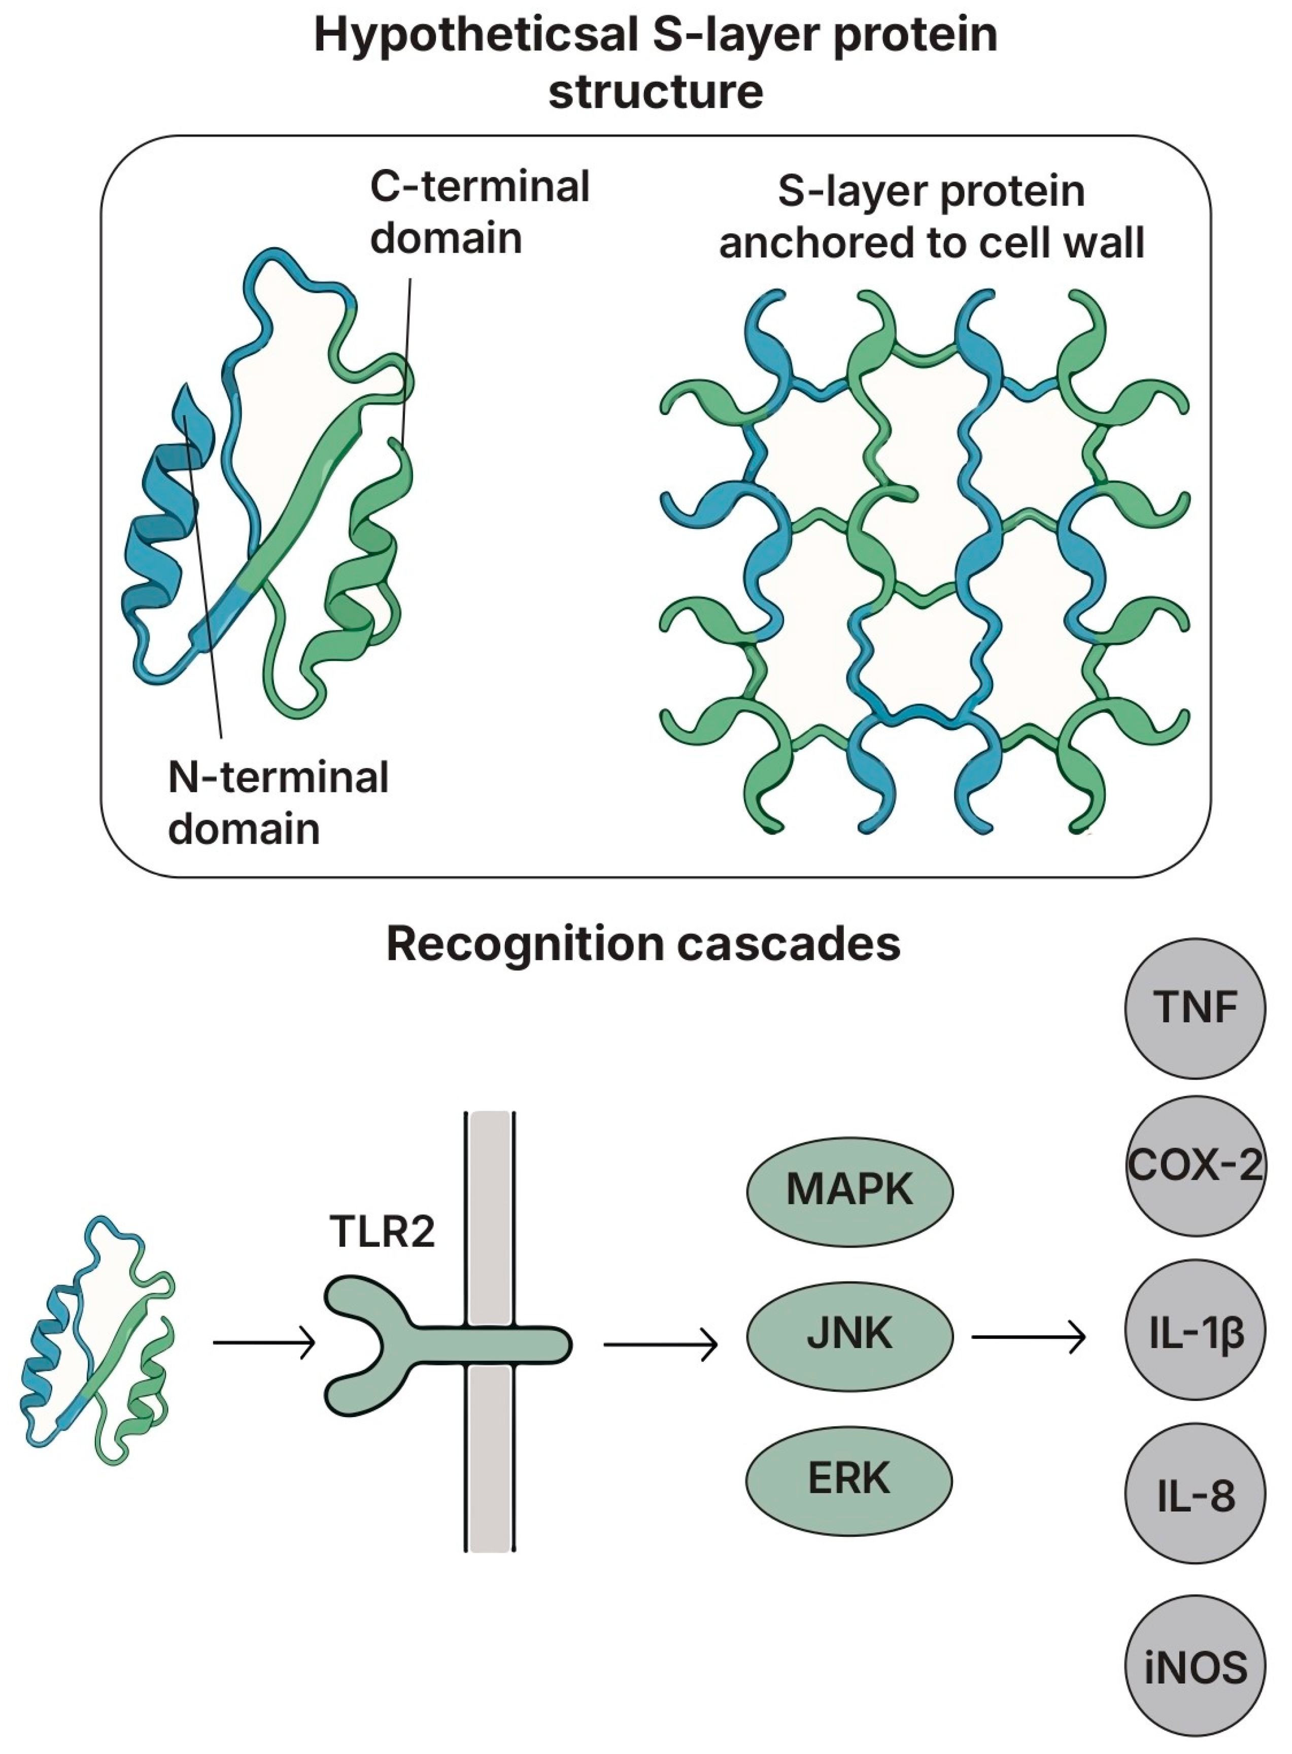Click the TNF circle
click(1194, 1008)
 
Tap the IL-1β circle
click(1194, 1329)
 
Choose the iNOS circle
click(1194, 1666)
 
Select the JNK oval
click(849, 1333)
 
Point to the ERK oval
click(849, 1478)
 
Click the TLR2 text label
click(382, 1231)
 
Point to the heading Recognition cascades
click(643, 944)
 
